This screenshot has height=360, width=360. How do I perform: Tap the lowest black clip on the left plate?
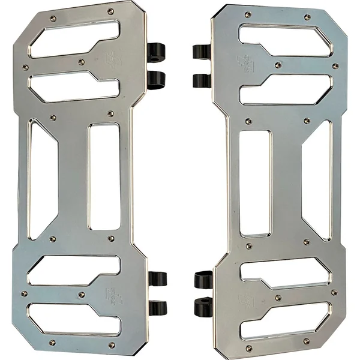158,308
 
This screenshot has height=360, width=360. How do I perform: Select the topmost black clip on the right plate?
202,52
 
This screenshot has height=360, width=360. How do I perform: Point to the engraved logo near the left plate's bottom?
112,296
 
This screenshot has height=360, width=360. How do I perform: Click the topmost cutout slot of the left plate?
72,39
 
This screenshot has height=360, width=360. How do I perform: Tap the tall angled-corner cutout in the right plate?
317,180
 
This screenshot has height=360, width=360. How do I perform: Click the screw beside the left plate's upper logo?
82,61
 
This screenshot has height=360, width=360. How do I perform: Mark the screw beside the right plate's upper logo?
277,65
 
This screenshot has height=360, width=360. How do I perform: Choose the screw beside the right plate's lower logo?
277,298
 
